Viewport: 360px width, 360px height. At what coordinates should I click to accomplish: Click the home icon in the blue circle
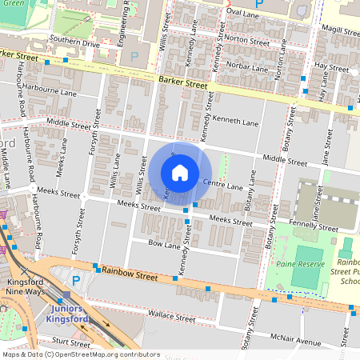click(180, 172)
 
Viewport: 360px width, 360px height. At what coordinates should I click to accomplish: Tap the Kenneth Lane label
click(239, 123)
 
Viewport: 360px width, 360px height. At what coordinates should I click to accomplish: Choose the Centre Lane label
click(222, 186)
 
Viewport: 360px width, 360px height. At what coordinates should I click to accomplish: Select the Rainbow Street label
click(130, 274)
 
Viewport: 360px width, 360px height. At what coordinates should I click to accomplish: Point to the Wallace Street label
click(173, 318)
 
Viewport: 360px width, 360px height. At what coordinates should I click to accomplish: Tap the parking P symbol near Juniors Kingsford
click(76, 281)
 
